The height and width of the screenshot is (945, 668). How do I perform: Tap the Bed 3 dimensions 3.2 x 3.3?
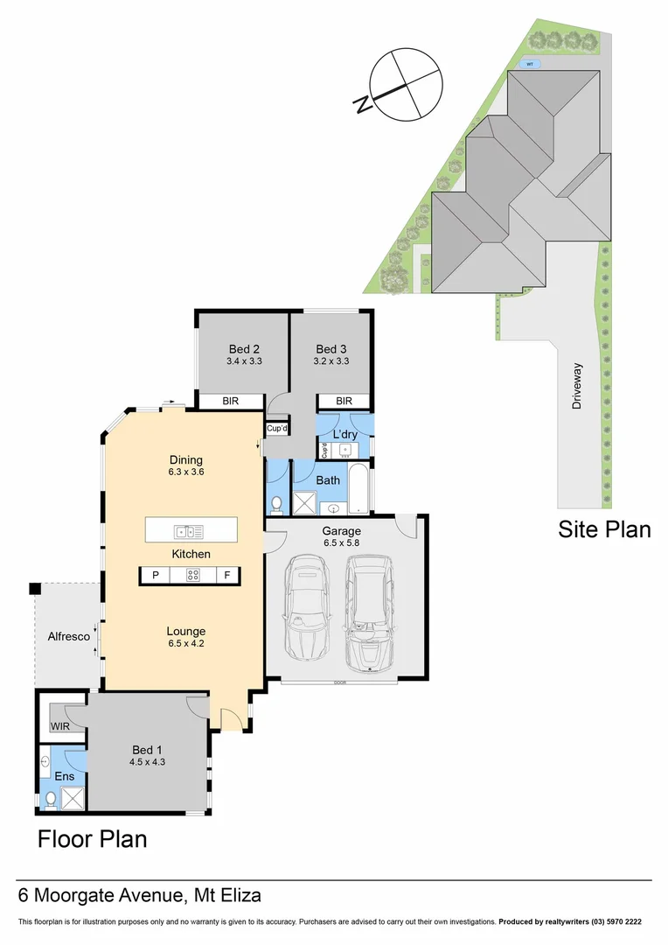331,360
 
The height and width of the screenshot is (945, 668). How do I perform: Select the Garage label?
342,530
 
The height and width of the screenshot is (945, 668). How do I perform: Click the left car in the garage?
307,612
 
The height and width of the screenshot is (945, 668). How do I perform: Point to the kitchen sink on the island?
189,530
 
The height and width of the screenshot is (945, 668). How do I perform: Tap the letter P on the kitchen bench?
156,576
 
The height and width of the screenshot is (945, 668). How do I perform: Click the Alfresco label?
69,637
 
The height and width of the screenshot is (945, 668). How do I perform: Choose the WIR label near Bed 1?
60,726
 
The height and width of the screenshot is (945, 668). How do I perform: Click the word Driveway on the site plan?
577,387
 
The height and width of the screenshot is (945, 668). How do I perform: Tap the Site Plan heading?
604,529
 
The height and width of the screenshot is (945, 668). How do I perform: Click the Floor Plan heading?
92,839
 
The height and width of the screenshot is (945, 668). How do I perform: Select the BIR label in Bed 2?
231,402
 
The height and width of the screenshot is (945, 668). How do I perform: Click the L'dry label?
344,435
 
